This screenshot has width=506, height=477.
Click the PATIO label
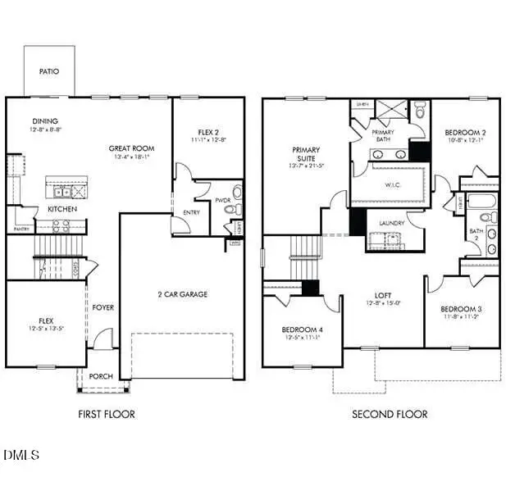(x=49, y=71)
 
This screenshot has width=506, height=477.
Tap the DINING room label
(x=45, y=121)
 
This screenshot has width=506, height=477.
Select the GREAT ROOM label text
(x=131, y=148)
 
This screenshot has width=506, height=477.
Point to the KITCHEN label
(x=62, y=209)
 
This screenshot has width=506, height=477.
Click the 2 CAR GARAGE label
(x=182, y=293)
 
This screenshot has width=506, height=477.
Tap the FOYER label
(x=103, y=307)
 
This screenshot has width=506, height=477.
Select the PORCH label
(x=101, y=376)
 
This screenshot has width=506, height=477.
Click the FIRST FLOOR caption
(x=107, y=414)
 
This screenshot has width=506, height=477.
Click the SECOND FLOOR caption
(x=390, y=414)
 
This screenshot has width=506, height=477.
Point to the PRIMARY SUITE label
(x=306, y=150)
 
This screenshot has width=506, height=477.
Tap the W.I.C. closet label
(x=391, y=184)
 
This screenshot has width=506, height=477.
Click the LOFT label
(x=384, y=295)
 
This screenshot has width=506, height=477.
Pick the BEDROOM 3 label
(x=460, y=308)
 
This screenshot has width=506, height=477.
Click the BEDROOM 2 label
(x=465, y=132)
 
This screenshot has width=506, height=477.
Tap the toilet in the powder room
(x=236, y=193)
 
